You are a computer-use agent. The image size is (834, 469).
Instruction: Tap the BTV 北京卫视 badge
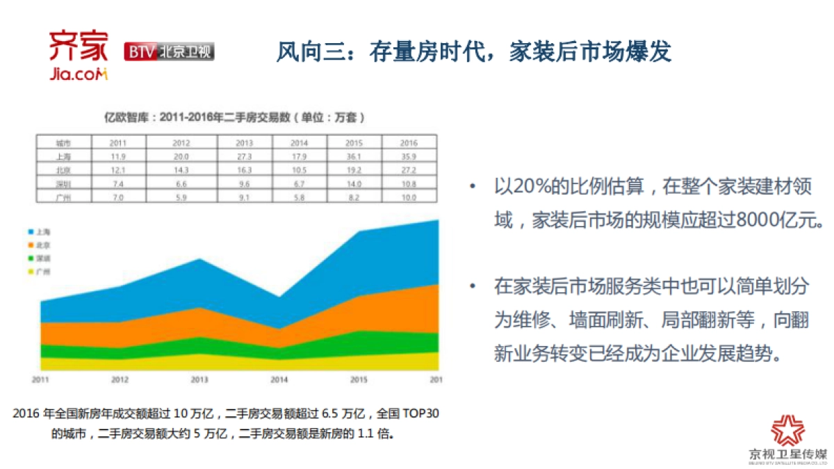coord(169,52)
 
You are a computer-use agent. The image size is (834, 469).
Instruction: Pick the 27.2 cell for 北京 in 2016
coord(409,170)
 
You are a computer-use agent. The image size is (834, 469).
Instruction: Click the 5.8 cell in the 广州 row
coord(300,197)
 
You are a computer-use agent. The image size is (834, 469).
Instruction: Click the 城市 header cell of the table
coord(63,142)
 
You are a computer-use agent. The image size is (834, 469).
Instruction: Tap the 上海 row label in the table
coord(63,156)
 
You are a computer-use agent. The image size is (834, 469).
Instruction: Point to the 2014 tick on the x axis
coord(279,380)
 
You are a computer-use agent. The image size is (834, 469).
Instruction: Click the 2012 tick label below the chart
coord(120,380)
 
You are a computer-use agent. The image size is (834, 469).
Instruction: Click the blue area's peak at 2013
coord(199,260)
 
